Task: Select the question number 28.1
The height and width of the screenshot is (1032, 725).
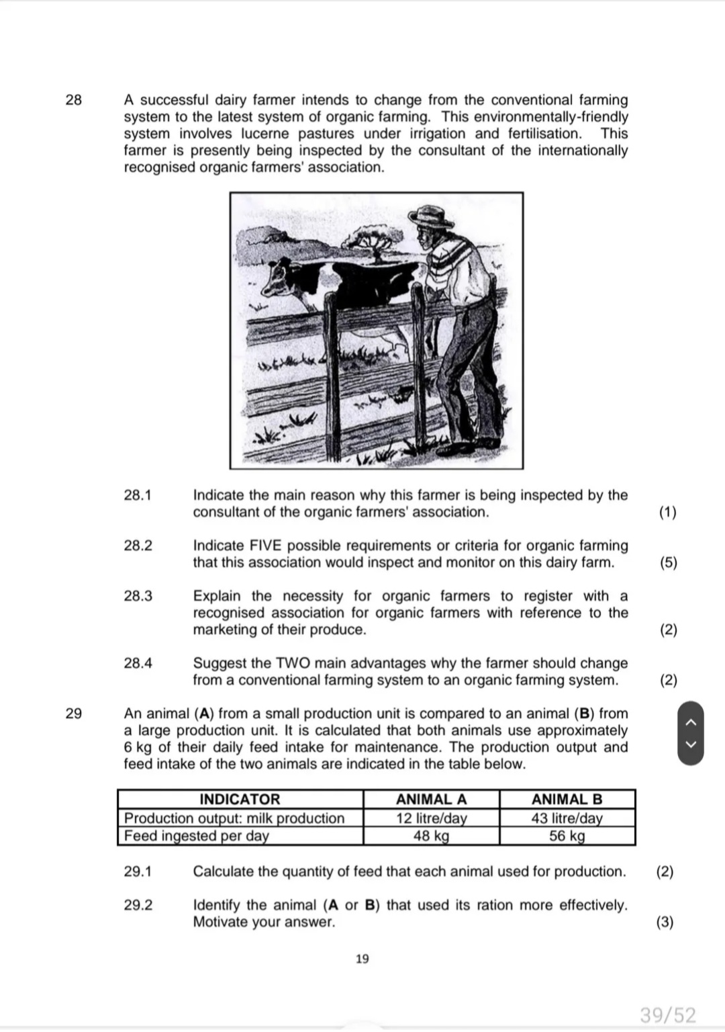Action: [138, 496]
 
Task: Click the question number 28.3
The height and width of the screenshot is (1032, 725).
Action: [138, 597]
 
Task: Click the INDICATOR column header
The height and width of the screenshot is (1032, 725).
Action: [240, 800]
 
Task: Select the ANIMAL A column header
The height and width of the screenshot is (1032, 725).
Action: [431, 800]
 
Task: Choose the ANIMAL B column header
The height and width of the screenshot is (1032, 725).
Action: [567, 800]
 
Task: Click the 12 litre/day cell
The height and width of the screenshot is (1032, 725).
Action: [431, 818]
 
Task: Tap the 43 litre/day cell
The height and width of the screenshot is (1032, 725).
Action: [567, 818]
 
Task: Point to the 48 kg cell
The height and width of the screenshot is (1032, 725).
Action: [431, 836]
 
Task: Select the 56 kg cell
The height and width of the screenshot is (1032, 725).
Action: [567, 836]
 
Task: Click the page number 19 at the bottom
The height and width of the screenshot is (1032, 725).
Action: [362, 959]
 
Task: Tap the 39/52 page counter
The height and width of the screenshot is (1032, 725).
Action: [667, 1015]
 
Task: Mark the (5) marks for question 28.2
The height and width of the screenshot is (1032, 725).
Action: [668, 563]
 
